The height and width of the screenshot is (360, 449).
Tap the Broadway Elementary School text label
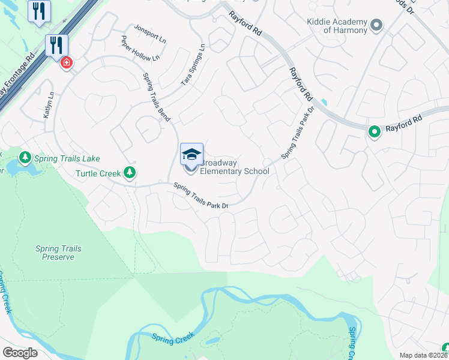234,167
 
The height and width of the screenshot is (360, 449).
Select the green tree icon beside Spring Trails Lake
25,158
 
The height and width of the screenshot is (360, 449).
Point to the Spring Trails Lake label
67,158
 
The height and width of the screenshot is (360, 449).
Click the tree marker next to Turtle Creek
129,173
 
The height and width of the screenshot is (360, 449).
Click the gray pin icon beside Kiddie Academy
376,25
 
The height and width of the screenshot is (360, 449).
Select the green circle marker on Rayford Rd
375,131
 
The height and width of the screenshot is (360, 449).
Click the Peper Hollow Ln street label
140,49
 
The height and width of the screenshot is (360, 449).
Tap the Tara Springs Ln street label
193,65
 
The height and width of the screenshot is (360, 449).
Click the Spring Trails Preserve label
58,253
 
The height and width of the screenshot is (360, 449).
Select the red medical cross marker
65,61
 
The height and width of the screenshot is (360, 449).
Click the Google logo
20,352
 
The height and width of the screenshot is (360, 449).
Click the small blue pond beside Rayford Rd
325,102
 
